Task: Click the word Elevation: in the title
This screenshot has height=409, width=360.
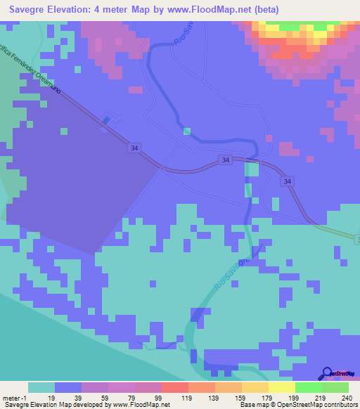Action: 76,10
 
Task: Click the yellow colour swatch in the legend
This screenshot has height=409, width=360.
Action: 281,387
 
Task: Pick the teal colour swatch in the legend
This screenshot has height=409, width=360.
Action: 41,387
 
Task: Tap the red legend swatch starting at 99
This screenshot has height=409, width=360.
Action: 174,387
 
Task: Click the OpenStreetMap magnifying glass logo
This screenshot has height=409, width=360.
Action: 326,373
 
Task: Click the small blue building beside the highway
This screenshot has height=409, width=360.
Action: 106,120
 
